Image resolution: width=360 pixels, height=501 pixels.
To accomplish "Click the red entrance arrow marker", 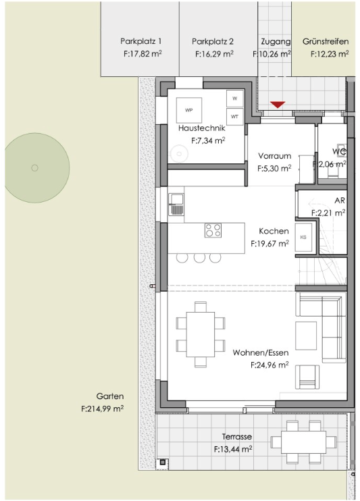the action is tap(277, 105).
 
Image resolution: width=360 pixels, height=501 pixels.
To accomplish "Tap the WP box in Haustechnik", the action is tap(189, 110).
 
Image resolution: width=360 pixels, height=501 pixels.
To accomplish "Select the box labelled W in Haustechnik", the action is tap(234, 99).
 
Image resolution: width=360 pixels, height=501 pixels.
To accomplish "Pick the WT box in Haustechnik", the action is tap(234, 117).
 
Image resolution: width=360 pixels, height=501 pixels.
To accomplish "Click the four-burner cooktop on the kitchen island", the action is tap(213, 230).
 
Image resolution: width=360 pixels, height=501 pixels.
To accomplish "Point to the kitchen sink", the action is tap(176, 204).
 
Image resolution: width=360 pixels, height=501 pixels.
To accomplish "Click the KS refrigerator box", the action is tap(303, 237).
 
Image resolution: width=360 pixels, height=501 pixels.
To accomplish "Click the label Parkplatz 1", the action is tap(141, 41).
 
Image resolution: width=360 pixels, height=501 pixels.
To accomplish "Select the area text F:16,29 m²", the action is tap(214, 54).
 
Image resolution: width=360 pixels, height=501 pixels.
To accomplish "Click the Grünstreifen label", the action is tap(326, 42).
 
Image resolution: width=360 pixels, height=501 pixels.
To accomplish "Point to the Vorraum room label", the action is tap(275, 156).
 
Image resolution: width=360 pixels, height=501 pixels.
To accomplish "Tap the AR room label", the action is tap(340, 201).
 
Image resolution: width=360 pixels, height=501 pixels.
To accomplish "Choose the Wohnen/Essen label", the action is tap(261, 352).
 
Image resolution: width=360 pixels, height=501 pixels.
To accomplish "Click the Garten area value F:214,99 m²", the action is tap(102, 408).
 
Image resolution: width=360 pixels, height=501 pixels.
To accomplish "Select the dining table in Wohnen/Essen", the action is tap(201, 334).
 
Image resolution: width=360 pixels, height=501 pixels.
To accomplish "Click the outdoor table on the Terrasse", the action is tap(303, 442).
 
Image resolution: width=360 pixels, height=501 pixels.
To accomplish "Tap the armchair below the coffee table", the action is tap(307, 377).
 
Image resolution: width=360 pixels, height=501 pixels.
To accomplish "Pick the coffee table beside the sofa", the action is tap(306, 336).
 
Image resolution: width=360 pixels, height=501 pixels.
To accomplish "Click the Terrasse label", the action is tap(237, 437).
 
